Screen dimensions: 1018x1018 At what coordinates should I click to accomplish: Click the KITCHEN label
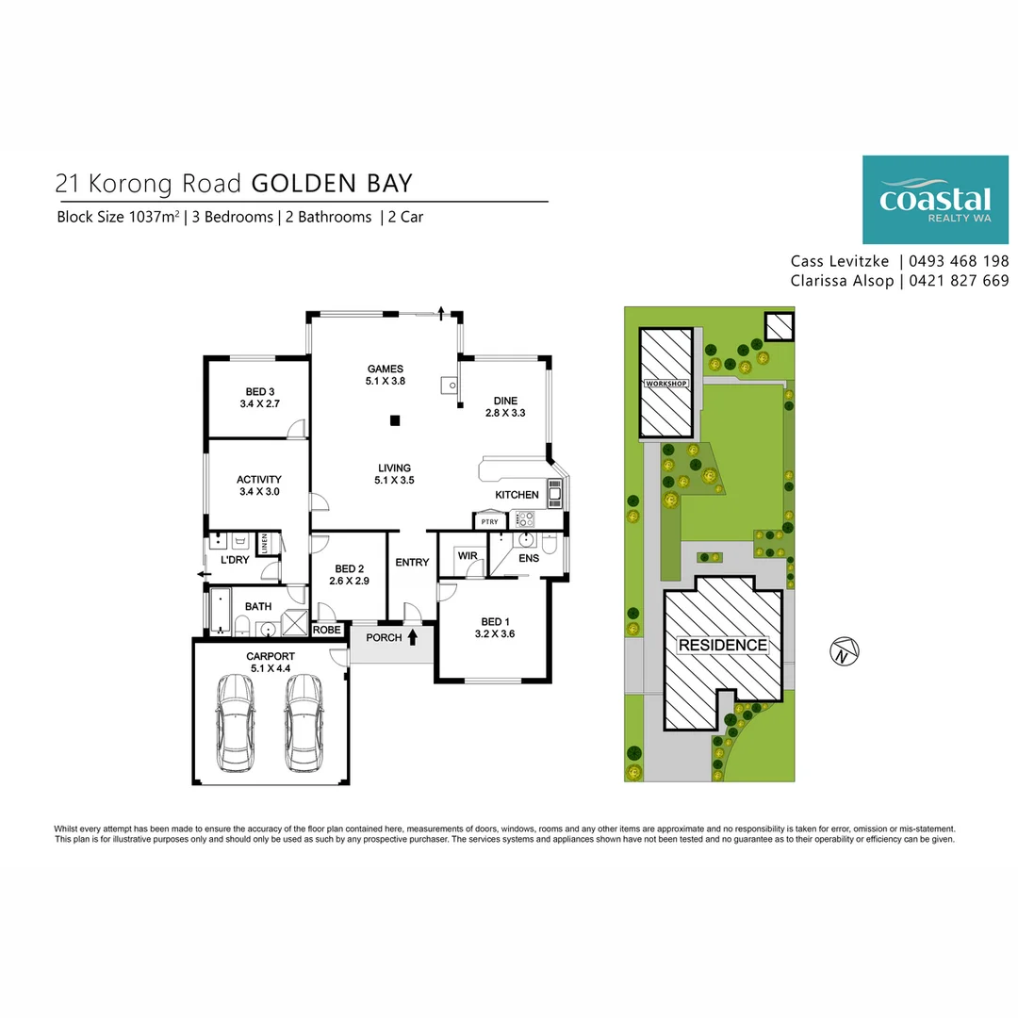pyautogui.click(x=517, y=495)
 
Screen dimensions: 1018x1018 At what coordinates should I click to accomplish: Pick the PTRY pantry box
pyautogui.click(x=489, y=521)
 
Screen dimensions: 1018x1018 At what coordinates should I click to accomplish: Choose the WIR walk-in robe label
pyautogui.click(x=468, y=557)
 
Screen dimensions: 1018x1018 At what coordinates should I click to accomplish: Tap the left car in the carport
pyautogui.click(x=235, y=722)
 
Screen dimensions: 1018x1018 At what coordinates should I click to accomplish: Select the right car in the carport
pyautogui.click(x=304, y=722)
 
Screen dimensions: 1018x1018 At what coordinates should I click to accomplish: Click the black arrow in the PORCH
pyautogui.click(x=412, y=638)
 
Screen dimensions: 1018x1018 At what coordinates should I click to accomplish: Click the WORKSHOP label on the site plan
pyautogui.click(x=666, y=385)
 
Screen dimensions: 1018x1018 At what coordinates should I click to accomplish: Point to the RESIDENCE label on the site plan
pyautogui.click(x=723, y=646)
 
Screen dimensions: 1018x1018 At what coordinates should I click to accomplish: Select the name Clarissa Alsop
pyautogui.click(x=842, y=281)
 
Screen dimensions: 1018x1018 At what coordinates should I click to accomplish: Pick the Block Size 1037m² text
pyautogui.click(x=118, y=217)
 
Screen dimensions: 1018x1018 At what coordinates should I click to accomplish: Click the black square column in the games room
pyautogui.click(x=397, y=420)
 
